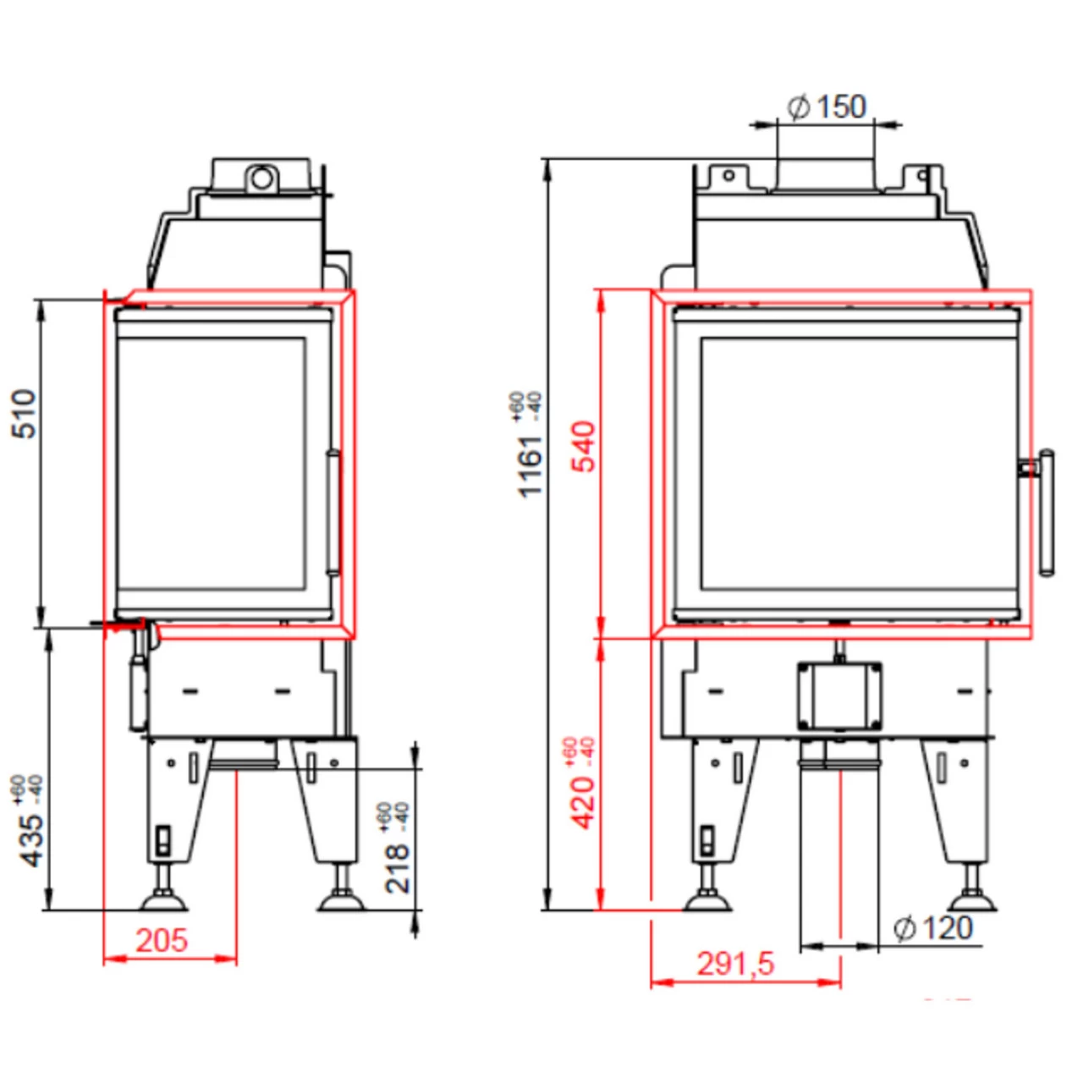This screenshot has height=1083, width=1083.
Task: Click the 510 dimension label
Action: [x=25, y=413]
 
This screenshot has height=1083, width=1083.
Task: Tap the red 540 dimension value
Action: [x=584, y=447]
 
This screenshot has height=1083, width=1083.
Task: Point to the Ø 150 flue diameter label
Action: [x=827, y=107]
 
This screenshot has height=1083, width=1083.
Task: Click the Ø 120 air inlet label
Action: [x=933, y=928]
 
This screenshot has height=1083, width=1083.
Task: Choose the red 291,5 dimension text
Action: [x=734, y=964]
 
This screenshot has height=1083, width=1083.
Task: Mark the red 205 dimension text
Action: [x=161, y=940]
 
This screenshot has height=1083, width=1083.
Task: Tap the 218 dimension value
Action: [x=397, y=867]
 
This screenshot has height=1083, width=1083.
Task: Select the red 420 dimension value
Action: [x=584, y=802]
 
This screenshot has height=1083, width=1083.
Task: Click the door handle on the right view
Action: [x=1046, y=513]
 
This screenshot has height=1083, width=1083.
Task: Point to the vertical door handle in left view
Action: [x=333, y=514]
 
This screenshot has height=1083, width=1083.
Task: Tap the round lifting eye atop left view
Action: [x=261, y=179]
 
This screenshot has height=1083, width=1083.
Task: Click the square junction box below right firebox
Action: [x=838, y=695]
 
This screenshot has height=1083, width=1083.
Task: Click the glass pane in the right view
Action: [x=857, y=464]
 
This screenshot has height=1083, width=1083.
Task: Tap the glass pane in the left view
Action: [x=212, y=464]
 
